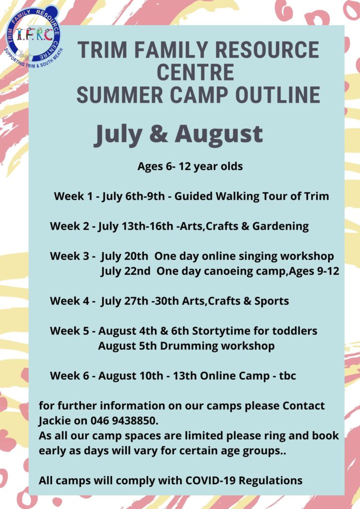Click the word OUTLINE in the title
[x=278, y=95]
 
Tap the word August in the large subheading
[x=219, y=134]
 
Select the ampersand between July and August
[x=159, y=134]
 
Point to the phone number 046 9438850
[x=124, y=421]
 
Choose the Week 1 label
[x=73, y=196]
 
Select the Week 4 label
[x=70, y=301]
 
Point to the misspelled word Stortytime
[x=221, y=331]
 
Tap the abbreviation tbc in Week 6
[x=287, y=376]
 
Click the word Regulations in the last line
[x=270, y=481]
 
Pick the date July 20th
[x=124, y=256]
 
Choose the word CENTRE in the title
[x=195, y=72]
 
